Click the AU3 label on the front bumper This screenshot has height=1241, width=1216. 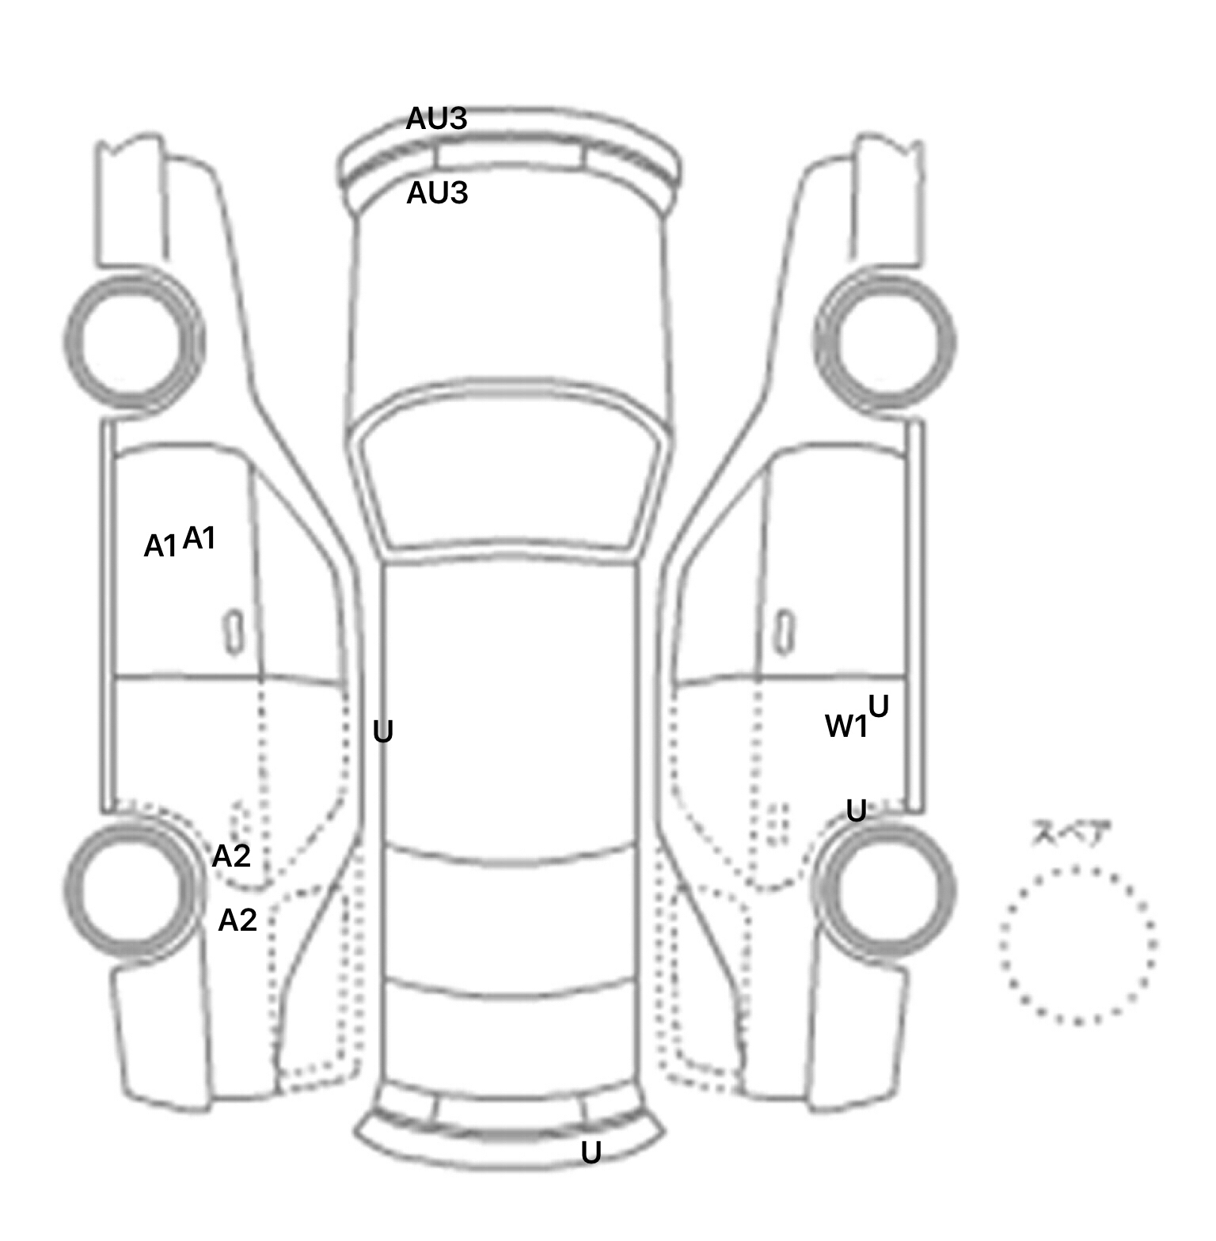point(436,119)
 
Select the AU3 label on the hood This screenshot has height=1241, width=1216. point(437,193)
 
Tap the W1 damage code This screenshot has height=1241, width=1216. point(845,727)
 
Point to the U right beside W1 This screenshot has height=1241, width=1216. point(879,706)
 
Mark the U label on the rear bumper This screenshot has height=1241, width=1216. point(591,1153)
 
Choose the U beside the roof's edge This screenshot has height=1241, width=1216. point(383,733)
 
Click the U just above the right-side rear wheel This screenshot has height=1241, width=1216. point(856,810)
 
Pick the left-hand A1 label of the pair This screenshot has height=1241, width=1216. point(161,546)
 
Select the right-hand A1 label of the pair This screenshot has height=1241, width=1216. point(199,539)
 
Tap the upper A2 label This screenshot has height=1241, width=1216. point(231,856)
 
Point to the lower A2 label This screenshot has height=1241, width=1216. point(237,920)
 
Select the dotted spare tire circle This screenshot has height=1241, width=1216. point(1077,945)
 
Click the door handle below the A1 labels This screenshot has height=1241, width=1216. point(234,632)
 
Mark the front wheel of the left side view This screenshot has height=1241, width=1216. point(134,341)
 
